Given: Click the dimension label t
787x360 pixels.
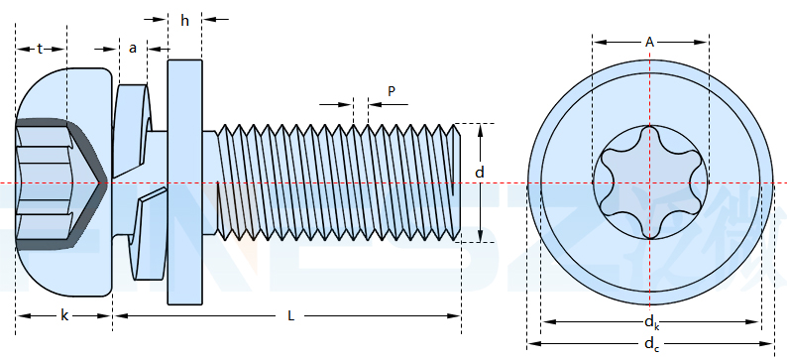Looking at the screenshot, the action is [x=40, y=49].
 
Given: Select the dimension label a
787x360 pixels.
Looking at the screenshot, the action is [x=133, y=49].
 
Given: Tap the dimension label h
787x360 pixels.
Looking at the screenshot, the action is [x=185, y=21].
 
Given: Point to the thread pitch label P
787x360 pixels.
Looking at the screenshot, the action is [x=392, y=91].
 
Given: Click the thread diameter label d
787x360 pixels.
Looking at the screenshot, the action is [x=480, y=173].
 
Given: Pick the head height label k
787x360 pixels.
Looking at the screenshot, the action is [x=64, y=315].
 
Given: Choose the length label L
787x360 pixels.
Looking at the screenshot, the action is [x=290, y=315].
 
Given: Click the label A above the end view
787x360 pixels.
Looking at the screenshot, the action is [x=650, y=43].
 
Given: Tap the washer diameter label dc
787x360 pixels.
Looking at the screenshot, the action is [x=651, y=345].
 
